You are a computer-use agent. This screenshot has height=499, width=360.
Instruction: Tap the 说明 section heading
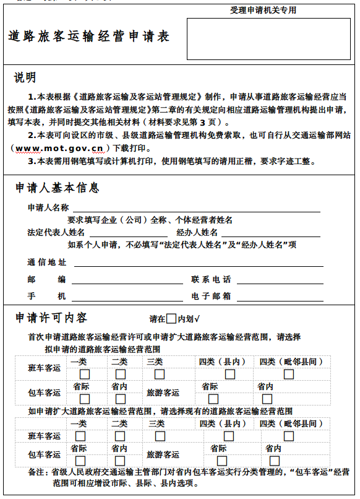tap(25, 78)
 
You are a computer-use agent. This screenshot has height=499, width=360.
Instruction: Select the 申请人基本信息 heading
tap(57, 188)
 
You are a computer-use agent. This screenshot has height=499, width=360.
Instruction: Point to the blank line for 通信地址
tap(198, 263)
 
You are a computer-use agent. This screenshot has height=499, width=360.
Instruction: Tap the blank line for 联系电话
tap(280, 280)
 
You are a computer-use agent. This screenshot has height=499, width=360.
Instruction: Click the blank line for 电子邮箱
tap(280, 297)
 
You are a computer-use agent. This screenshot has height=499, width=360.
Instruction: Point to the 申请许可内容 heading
tap(51, 318)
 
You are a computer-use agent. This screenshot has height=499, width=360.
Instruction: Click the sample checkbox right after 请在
tap(171, 319)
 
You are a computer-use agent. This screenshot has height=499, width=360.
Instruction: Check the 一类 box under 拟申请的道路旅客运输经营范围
tap(84, 375)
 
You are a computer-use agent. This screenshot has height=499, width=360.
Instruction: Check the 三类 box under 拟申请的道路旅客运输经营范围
tap(160, 375)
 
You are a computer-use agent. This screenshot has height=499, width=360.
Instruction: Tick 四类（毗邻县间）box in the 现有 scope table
tap(289, 436)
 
